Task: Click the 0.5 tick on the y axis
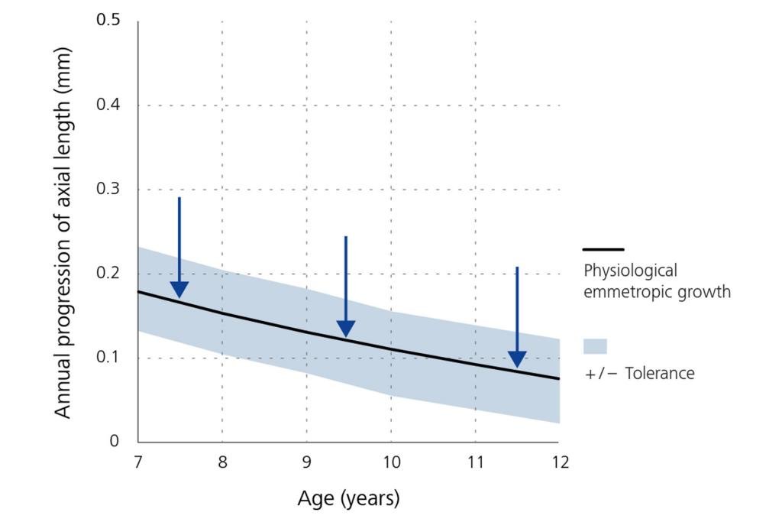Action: [x=109, y=21]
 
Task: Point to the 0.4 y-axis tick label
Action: [x=109, y=105]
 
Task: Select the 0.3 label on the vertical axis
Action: [x=109, y=189]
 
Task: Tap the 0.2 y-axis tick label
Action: [x=109, y=274]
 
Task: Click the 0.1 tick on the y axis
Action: [x=109, y=358]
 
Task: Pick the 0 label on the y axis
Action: [x=115, y=442]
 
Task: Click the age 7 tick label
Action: [x=137, y=462]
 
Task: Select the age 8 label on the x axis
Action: [x=222, y=462]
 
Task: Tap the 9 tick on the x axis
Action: [x=306, y=462]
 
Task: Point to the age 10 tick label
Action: [x=390, y=462]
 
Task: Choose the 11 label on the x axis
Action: [x=475, y=462]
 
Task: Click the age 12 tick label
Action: [x=559, y=462]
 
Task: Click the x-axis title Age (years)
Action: [x=348, y=499]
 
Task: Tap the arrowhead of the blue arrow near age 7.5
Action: [x=179, y=290]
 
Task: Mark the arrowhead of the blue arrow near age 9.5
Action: [x=346, y=329]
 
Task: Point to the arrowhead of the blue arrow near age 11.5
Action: [x=517, y=359]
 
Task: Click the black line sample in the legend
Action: [x=603, y=249]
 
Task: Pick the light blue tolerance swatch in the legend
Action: [x=595, y=346]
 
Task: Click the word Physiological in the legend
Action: [x=630, y=271]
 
